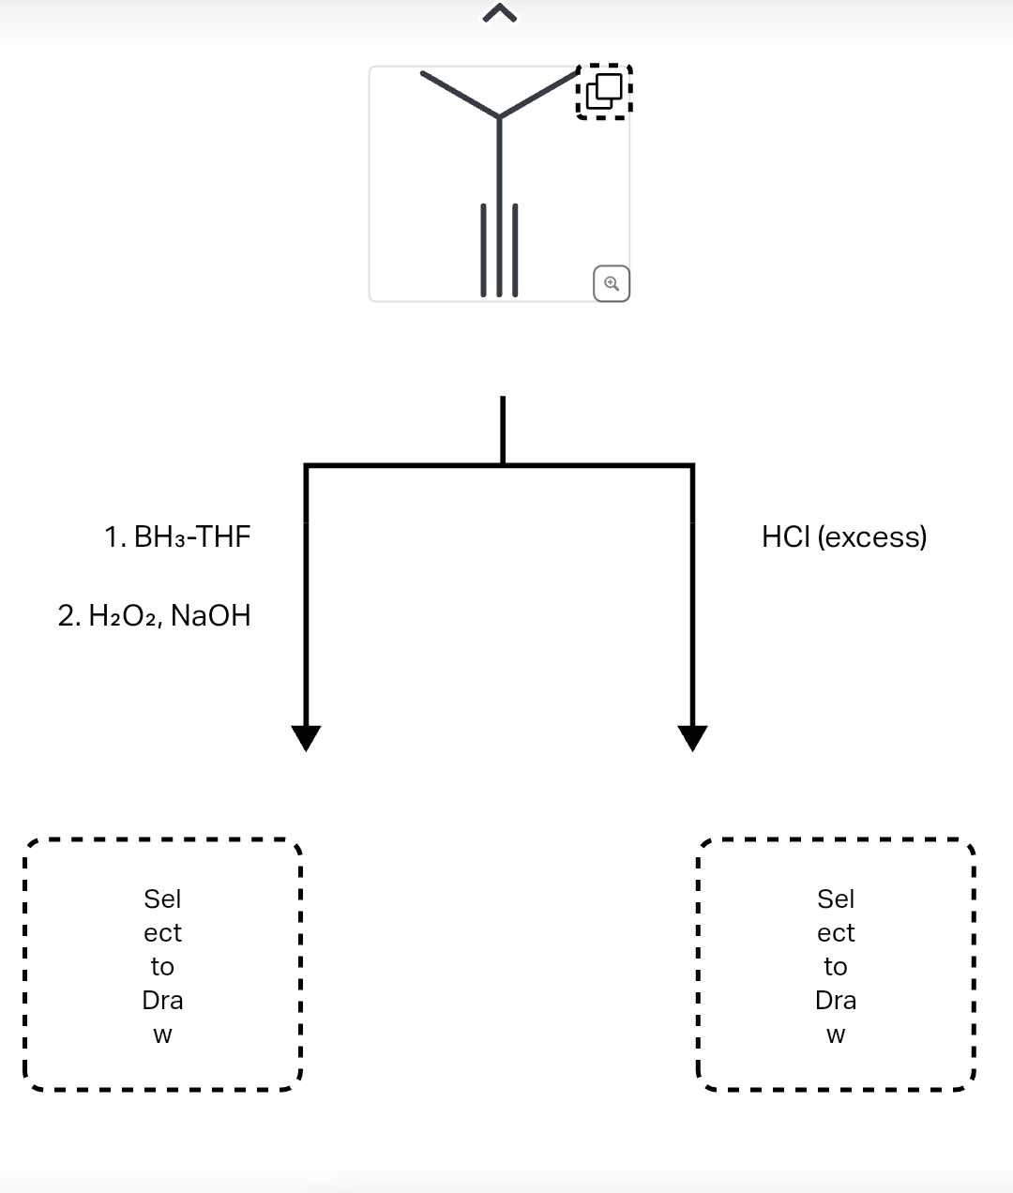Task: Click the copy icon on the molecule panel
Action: [605, 91]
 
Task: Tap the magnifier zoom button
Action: [612, 283]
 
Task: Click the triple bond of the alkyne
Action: [499, 249]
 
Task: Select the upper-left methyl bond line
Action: [460, 94]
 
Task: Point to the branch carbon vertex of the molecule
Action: [499, 117]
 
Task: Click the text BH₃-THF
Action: [192, 536]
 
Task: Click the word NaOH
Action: [211, 615]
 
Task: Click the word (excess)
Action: [872, 536]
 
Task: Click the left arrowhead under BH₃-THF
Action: [306, 738]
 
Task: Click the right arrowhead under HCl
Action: [692, 738]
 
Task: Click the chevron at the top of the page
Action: [500, 12]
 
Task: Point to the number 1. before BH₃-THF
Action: [115, 536]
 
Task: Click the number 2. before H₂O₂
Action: [68, 615]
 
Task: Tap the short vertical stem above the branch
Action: [503, 430]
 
